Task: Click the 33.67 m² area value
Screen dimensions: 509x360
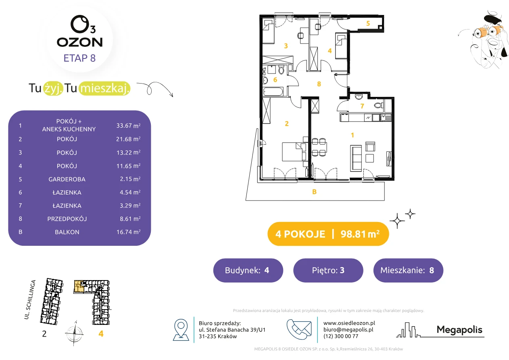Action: coord(128,126)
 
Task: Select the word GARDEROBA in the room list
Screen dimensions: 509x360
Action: coord(67,179)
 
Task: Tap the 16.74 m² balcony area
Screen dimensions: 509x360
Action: coord(128,232)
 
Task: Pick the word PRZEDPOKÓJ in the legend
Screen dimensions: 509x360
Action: coord(67,219)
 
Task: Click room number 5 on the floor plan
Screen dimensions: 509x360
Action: coord(368,23)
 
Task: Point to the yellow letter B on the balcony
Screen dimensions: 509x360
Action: coord(314,192)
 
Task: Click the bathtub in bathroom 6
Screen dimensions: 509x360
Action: coord(273,92)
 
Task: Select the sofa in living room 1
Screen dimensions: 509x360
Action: coord(356,158)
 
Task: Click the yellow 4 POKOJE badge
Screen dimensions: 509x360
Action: coord(328,234)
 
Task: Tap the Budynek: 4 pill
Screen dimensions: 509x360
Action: coord(248,270)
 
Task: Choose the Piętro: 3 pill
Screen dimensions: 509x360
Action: coord(328,270)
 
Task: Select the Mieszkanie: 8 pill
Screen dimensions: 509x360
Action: coord(408,270)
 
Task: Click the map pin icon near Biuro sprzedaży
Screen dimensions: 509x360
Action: coord(181,329)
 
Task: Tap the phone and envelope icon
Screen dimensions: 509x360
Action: coord(299,329)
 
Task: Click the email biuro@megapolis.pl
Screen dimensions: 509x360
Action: coord(348,329)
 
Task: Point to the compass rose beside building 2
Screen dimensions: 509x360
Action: coord(74,333)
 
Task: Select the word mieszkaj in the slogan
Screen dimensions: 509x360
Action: coord(104,88)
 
